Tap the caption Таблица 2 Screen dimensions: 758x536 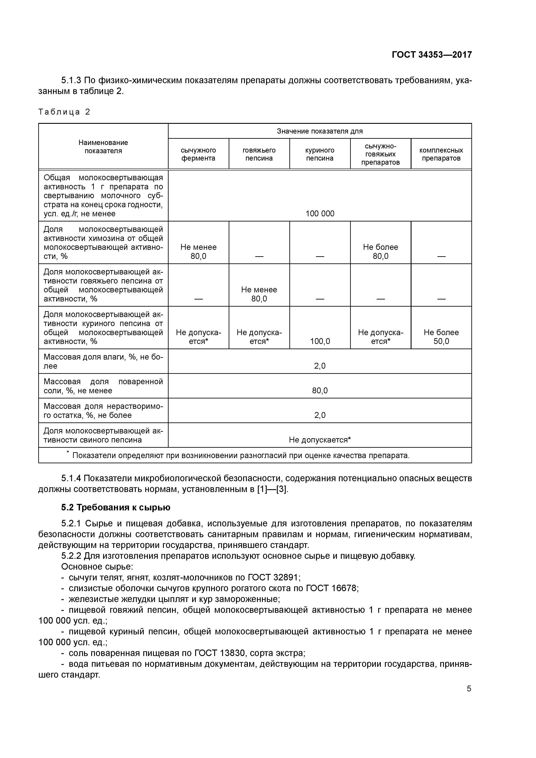point(64,112)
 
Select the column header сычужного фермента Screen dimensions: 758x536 point(198,154)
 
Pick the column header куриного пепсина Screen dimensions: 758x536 point(320,154)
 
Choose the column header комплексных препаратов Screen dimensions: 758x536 point(441,154)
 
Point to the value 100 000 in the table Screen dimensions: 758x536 point(320,214)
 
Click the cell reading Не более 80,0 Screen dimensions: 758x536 point(380,252)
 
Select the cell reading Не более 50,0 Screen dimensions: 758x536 point(441,337)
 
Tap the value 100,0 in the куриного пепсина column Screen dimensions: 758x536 point(320,341)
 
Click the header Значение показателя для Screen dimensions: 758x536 point(320,131)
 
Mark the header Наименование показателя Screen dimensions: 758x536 point(103,147)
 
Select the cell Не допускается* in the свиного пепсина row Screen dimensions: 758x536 point(320,440)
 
